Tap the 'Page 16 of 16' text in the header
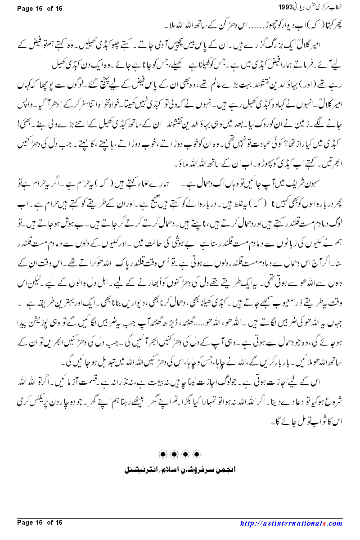tap(39, 8)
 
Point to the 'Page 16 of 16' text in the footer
tap(39, 522)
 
